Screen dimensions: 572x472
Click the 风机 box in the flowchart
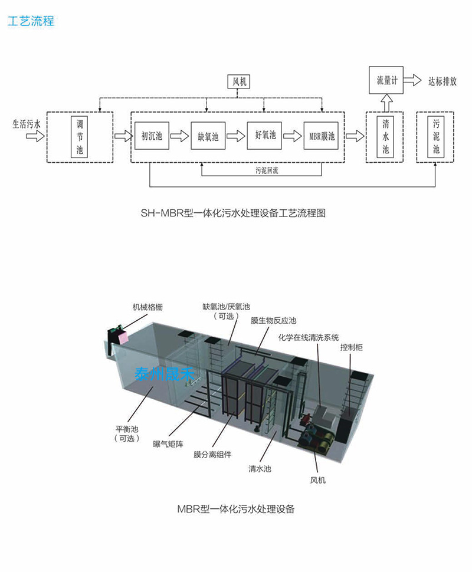(x=238, y=82)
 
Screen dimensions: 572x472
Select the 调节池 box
(x=80, y=137)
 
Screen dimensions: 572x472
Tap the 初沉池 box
(x=151, y=136)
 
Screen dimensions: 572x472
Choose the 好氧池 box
(x=264, y=136)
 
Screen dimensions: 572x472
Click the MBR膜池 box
(x=322, y=137)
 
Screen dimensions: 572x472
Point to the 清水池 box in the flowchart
(x=385, y=137)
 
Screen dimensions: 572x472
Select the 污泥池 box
(x=436, y=137)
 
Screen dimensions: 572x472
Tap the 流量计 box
(x=386, y=81)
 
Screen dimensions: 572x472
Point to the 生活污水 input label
(x=27, y=124)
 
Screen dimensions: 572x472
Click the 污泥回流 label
(x=261, y=170)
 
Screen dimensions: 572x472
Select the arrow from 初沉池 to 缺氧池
(x=179, y=137)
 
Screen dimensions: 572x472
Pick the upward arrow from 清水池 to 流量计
(x=386, y=104)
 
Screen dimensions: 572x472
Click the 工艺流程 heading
(x=31, y=22)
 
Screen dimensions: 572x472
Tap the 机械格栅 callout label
(x=147, y=307)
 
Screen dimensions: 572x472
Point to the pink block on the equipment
(x=122, y=337)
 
